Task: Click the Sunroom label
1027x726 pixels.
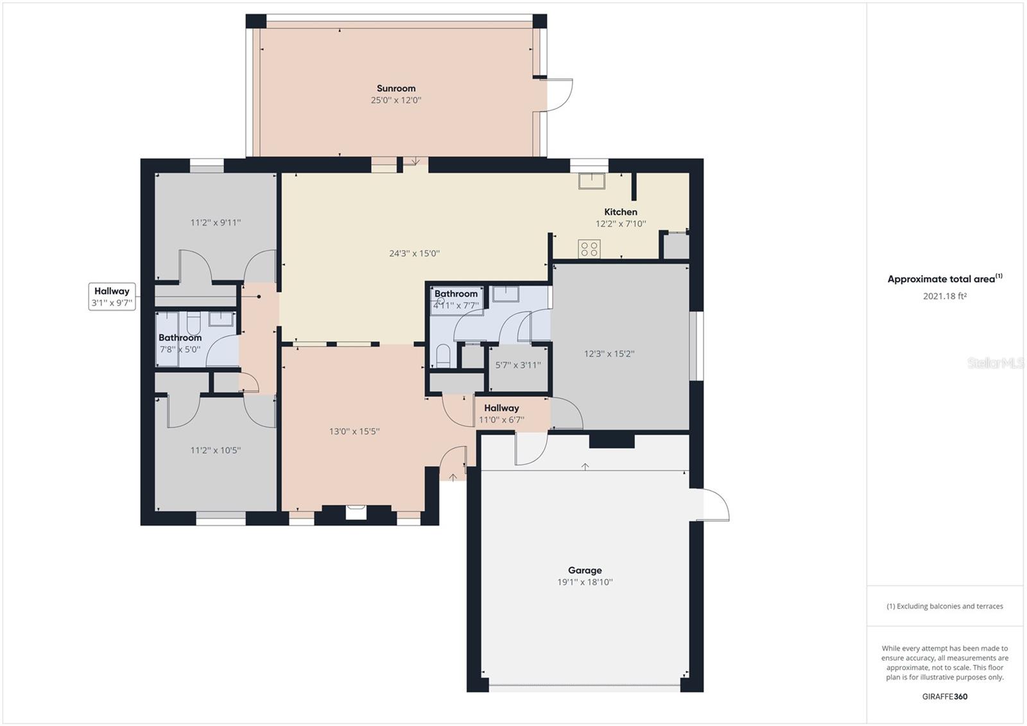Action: click(x=395, y=89)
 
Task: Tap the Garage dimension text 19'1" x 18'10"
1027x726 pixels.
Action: click(x=585, y=582)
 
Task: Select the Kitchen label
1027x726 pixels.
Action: click(x=620, y=212)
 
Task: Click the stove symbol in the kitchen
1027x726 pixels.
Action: click(x=589, y=248)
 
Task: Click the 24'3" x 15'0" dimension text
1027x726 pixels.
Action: click(x=414, y=254)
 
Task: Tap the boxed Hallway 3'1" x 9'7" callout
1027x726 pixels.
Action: click(x=112, y=297)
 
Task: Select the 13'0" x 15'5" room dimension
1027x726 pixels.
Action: click(x=354, y=431)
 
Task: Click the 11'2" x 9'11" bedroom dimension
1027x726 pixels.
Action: click(x=215, y=223)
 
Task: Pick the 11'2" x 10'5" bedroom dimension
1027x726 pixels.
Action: click(x=215, y=450)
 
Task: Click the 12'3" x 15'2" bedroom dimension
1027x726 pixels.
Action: click(x=608, y=353)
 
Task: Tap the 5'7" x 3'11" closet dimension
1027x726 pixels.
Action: click(x=517, y=365)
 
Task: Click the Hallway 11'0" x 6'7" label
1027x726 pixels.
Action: click(x=501, y=413)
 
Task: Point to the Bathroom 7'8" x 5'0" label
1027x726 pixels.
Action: click(x=180, y=343)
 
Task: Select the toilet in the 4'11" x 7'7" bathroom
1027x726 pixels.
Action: click(x=443, y=354)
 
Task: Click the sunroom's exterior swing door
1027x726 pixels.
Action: click(x=558, y=94)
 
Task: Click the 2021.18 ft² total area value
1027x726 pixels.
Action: click(x=944, y=296)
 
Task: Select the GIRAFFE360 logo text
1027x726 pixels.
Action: click(x=944, y=696)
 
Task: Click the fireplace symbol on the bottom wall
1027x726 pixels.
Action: click(x=356, y=512)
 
